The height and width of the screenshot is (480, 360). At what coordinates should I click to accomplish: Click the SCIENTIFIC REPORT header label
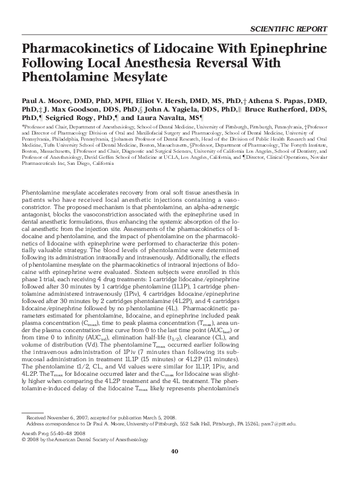coord(288,28)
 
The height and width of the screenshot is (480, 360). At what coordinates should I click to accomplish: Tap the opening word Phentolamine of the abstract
coord(44,192)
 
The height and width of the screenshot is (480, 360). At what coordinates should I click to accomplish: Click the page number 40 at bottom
coord(174,468)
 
